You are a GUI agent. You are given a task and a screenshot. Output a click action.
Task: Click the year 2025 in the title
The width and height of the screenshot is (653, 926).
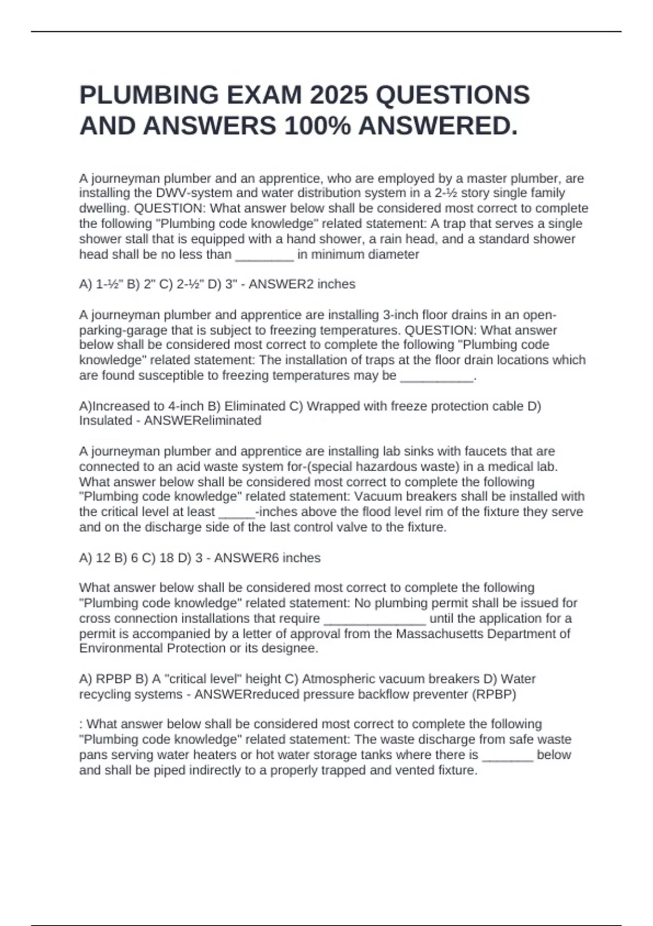[338, 95]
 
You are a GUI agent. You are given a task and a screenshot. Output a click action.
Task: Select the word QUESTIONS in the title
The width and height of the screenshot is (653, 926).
[453, 95]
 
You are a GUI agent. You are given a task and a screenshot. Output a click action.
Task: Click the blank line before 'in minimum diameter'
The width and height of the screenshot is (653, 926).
[264, 255]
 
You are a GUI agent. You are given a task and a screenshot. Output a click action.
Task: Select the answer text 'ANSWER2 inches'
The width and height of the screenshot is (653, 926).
[302, 284]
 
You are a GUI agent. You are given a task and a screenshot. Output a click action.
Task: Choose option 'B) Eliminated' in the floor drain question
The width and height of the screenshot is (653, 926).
[255, 406]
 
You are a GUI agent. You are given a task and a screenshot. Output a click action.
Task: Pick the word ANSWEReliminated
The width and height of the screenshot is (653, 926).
[202, 421]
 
